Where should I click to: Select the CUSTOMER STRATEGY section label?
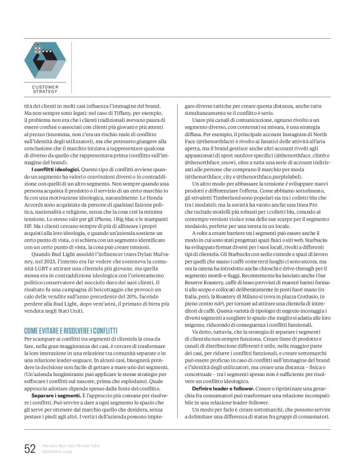coord(45,89)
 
